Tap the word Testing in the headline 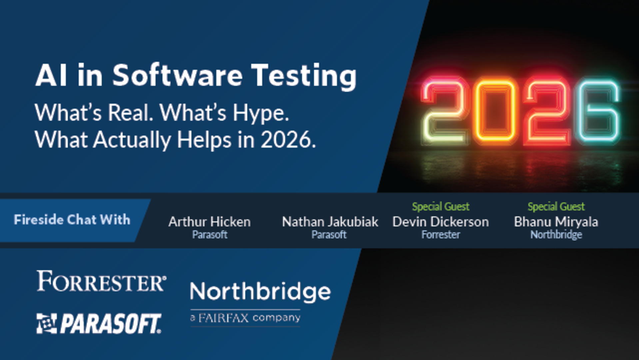[x=304, y=76]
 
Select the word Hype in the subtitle [x=260, y=113]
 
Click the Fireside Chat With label [x=72, y=220]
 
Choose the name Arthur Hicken [x=209, y=222]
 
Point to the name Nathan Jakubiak [x=330, y=222]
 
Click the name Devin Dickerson [x=440, y=222]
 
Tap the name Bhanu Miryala [x=556, y=222]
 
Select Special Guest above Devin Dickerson [x=440, y=207]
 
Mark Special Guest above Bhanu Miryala [x=556, y=207]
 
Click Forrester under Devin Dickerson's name [x=440, y=235]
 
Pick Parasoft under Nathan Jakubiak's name [x=329, y=235]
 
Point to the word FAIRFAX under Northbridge [x=224, y=318]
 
